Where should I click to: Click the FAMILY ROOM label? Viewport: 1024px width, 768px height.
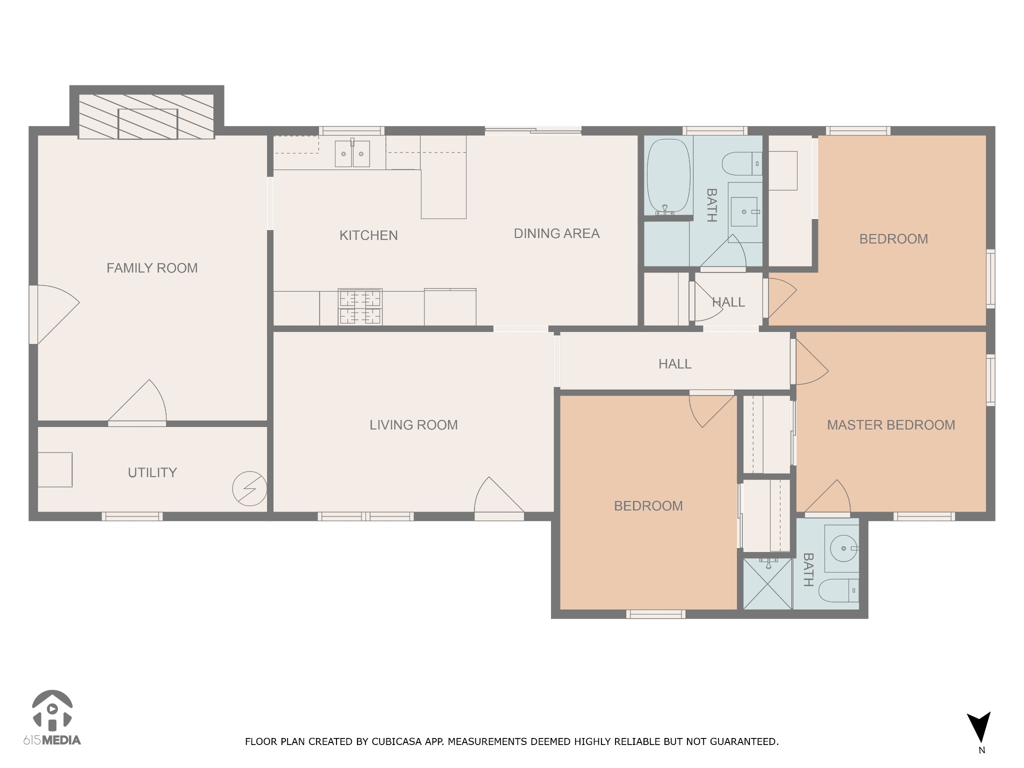[x=152, y=268]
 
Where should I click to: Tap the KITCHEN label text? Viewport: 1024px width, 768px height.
[x=368, y=235]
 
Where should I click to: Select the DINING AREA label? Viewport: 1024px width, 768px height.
[x=556, y=233]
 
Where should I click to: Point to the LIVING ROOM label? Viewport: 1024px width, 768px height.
[x=413, y=425]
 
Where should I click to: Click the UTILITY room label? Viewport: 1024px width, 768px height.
[x=152, y=472]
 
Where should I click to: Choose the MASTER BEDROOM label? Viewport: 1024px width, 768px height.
[x=891, y=425]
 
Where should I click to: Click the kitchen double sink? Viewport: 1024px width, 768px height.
[x=352, y=153]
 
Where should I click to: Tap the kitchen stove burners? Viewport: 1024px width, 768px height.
[x=360, y=306]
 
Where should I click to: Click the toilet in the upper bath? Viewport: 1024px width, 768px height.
[x=742, y=163]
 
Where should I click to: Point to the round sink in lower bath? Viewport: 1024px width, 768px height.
[x=844, y=548]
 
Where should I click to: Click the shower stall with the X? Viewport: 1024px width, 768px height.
[x=767, y=583]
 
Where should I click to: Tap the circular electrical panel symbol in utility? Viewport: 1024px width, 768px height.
[x=249, y=488]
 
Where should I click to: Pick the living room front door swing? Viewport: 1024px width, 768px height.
[x=499, y=497]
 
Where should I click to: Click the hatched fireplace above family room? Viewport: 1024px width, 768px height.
[x=146, y=116]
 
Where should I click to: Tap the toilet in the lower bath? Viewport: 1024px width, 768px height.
[x=838, y=590]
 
